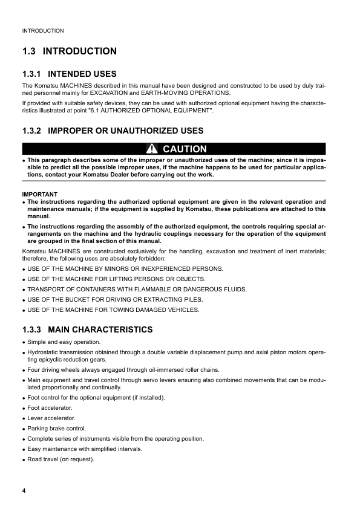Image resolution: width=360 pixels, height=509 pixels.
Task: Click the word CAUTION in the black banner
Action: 185,149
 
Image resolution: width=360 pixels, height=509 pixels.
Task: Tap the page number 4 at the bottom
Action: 24,489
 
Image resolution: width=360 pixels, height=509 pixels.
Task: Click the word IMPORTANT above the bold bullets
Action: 39,194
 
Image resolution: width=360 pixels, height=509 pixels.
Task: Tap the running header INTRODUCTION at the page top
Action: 42,30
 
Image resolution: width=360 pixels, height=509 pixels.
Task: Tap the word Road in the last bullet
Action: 35,459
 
